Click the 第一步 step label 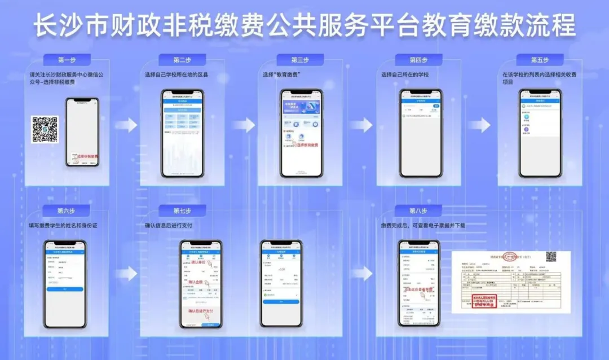click(x=67, y=60)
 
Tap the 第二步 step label click(x=182, y=60)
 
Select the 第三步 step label click(x=300, y=60)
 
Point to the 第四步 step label click(x=418, y=60)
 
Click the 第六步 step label click(x=66, y=210)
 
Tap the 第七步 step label click(x=182, y=210)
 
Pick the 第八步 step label click(x=418, y=210)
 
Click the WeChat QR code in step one click(x=45, y=129)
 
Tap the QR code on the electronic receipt click(x=550, y=257)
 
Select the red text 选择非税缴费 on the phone click(x=84, y=156)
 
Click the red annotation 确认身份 click(x=198, y=262)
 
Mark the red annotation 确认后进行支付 click(x=202, y=311)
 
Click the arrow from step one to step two click(x=129, y=125)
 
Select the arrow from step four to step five click(x=482, y=125)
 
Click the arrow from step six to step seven click(x=129, y=274)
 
